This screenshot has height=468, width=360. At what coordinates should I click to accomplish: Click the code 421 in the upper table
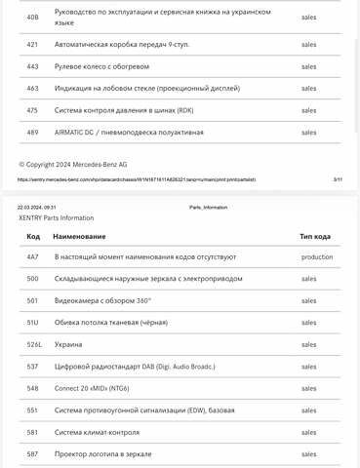pyautogui.click(x=32, y=45)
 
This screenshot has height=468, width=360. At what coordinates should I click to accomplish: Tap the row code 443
pyautogui.click(x=32, y=66)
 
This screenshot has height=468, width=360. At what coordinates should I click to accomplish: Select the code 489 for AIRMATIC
pyautogui.click(x=32, y=132)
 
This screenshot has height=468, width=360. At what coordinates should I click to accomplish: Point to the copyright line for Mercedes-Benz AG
pyautogui.click(x=72, y=164)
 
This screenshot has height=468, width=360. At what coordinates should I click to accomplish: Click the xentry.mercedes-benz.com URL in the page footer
pyautogui.click(x=137, y=179)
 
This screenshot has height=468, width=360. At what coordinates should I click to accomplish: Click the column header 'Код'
pyautogui.click(x=33, y=237)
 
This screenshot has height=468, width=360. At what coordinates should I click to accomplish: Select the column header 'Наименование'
pyautogui.click(x=79, y=237)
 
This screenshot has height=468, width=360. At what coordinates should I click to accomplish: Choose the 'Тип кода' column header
pyautogui.click(x=315, y=237)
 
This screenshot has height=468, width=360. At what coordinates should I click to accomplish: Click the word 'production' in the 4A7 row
pyautogui.click(x=317, y=257)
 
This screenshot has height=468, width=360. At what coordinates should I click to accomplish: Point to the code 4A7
pyautogui.click(x=33, y=257)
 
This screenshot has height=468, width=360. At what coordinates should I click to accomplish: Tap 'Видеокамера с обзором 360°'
pyautogui.click(x=102, y=300)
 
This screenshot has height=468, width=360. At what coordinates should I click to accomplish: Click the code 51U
pyautogui.click(x=33, y=323)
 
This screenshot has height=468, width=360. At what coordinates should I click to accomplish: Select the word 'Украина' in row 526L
pyautogui.click(x=68, y=344)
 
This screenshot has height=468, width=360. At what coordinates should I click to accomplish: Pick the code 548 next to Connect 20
pyautogui.click(x=32, y=388)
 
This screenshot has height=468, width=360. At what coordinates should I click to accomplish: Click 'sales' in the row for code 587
pyautogui.click(x=308, y=454)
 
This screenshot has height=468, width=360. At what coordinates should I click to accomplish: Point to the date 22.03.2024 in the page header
pyautogui.click(x=36, y=208)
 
